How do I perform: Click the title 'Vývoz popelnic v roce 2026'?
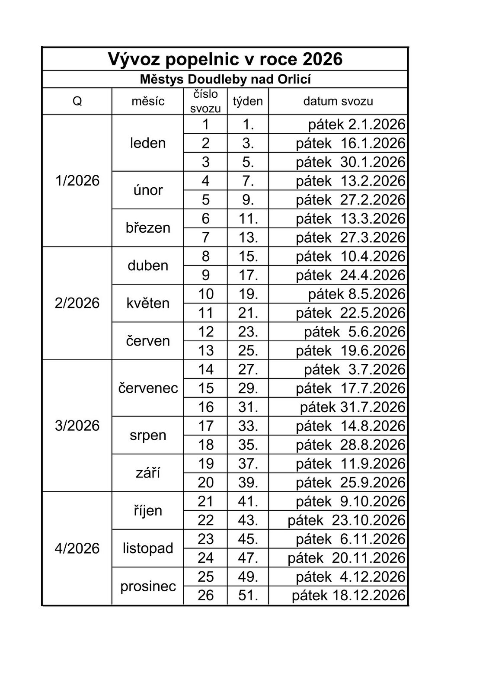[x=225, y=59]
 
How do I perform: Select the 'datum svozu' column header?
[x=338, y=102]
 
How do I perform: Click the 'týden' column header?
[x=248, y=102]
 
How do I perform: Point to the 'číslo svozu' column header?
[x=205, y=101]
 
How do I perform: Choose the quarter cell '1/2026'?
[x=77, y=181]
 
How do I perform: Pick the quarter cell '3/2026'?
[x=77, y=426]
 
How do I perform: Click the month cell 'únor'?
[x=148, y=190]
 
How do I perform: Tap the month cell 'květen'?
[x=148, y=303]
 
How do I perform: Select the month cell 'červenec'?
[x=148, y=388]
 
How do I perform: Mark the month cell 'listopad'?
[x=148, y=548]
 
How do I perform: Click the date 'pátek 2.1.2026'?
[x=357, y=125]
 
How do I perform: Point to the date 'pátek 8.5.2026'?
[x=357, y=294]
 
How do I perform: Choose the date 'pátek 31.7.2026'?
[x=353, y=407]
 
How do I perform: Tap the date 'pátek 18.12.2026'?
[x=348, y=596]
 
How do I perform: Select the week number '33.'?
[x=248, y=426]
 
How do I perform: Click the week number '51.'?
[x=248, y=596]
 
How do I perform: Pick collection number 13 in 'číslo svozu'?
[x=206, y=350]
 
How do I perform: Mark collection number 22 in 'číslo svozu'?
[x=206, y=520]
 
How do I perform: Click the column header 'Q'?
[x=77, y=102]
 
